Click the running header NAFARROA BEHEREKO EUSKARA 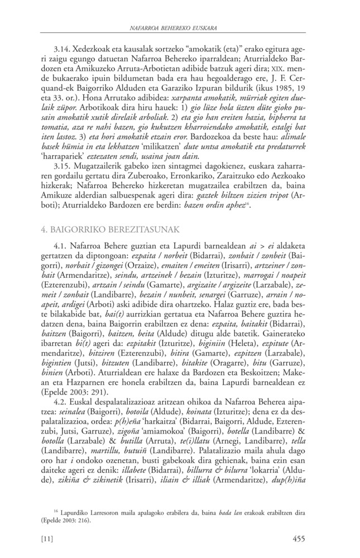[180, 27]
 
